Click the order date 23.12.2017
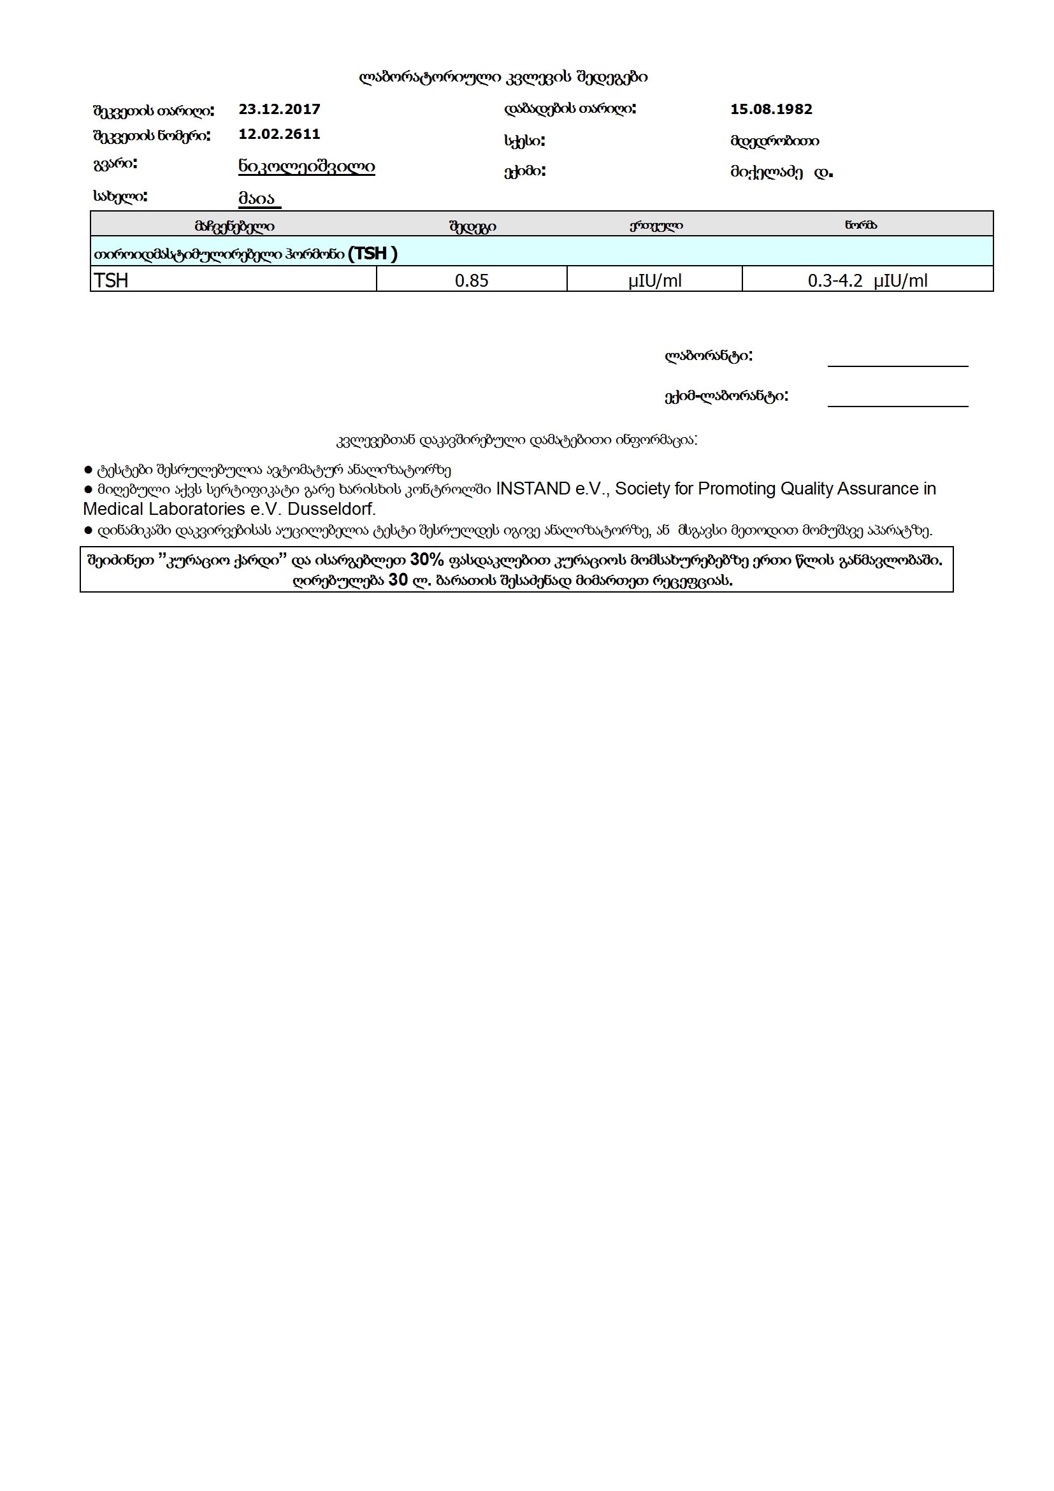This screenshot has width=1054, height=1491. pos(279,109)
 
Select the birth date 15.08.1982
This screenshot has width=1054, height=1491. pos(771,109)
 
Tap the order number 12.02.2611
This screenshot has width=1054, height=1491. pos(279,134)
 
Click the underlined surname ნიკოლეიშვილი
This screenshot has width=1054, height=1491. pos(307,166)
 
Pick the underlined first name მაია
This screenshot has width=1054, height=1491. pos(258,198)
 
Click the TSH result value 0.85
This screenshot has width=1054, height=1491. pos(472,280)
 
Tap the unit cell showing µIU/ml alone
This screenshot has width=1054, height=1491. pos(654,280)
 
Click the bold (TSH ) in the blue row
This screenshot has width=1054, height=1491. pos(372,253)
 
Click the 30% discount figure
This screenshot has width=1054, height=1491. pos(427,560)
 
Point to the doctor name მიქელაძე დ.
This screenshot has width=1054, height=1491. pos(781,173)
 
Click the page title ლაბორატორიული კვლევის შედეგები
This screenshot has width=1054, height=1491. pos(503,78)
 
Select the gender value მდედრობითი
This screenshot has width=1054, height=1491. pos(774,141)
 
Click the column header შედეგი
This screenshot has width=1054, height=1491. pos(472,227)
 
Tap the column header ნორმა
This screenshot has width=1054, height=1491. pos(860,226)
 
